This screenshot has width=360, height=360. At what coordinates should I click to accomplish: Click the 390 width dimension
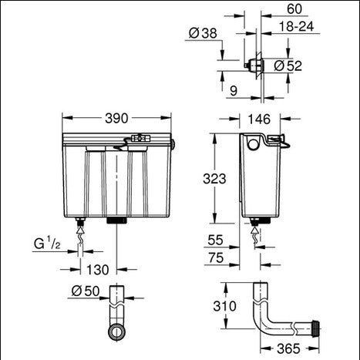tap(116, 119)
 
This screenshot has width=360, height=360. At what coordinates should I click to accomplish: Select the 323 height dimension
tap(214, 179)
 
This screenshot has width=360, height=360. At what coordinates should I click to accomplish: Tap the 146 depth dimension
tap(259, 119)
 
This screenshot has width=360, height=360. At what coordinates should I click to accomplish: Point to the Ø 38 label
tap(203, 33)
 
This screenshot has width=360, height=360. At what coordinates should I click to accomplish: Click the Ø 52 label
tap(288, 66)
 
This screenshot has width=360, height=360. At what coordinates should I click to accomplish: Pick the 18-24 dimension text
tap(296, 26)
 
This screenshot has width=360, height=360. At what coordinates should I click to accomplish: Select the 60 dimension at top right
tap(294, 9)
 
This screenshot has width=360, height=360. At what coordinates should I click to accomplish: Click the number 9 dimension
tap(234, 91)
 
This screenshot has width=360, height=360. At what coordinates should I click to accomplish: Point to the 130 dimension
tap(98, 270)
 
